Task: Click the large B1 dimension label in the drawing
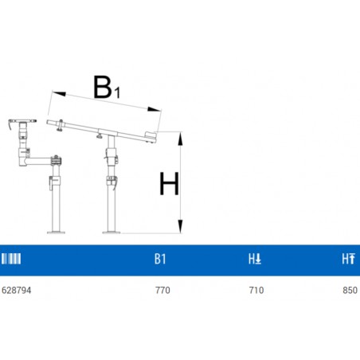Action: [x=107, y=88]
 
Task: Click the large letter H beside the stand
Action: [x=169, y=183]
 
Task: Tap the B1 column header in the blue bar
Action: [x=160, y=259]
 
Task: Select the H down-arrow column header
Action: [x=255, y=259]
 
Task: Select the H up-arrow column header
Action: [x=348, y=259]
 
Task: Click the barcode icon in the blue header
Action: [x=11, y=259]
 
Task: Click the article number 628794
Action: [x=16, y=290]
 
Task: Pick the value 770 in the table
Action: [x=162, y=290]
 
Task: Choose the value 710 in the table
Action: [x=256, y=290]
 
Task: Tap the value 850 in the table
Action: [x=350, y=290]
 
